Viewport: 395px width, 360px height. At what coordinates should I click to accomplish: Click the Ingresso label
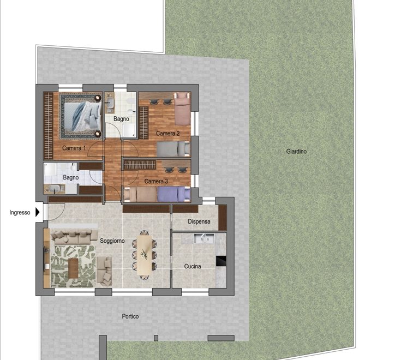[x=20, y=212]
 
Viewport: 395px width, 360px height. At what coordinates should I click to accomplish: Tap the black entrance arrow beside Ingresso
[x=38, y=212]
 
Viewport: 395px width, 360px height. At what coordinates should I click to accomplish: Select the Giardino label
[x=296, y=152]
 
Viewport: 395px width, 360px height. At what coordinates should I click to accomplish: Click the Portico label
[x=130, y=316]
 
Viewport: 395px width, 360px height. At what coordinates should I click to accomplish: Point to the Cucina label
[x=193, y=266]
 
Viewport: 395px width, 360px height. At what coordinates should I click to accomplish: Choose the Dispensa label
[x=199, y=221]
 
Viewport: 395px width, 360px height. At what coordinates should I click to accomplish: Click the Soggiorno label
[x=112, y=241]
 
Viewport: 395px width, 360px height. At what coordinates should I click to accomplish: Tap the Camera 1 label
[x=74, y=148]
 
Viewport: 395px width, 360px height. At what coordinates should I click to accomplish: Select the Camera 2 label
[x=168, y=134]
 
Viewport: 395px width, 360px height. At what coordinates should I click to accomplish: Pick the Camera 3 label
[x=156, y=182]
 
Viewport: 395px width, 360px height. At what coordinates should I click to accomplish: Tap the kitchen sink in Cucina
[x=204, y=238]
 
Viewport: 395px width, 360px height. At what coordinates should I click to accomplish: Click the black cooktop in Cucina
[x=220, y=261]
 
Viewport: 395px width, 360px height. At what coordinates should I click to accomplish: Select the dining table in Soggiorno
[x=145, y=255]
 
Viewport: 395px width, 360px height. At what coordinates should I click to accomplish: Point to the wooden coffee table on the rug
[x=73, y=268]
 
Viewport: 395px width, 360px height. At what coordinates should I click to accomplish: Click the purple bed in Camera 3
[x=174, y=194]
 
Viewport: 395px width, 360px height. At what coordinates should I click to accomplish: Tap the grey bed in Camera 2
[x=173, y=149]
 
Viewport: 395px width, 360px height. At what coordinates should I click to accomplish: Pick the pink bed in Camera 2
[x=182, y=109]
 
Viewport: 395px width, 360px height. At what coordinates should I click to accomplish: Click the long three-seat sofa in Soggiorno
[x=74, y=237]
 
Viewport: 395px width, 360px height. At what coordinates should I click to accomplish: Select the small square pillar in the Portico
[x=156, y=338]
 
